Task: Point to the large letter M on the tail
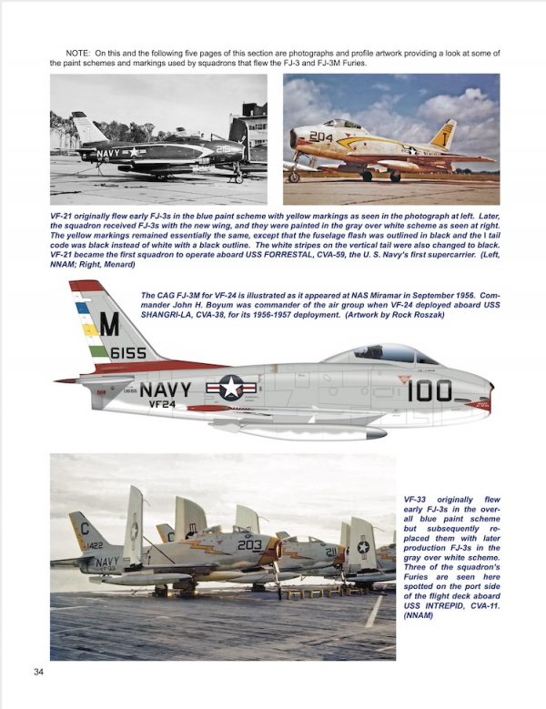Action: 109,323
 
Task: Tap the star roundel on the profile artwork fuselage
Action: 231,390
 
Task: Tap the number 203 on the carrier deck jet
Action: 250,544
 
